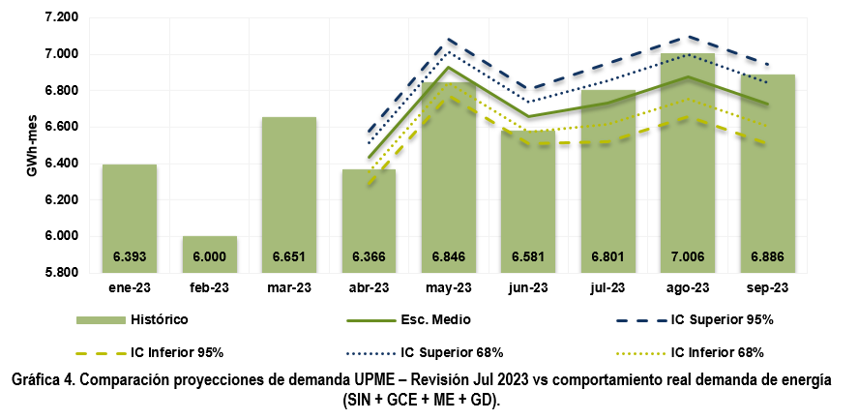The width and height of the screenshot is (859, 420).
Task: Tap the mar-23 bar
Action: pyautogui.click(x=289, y=194)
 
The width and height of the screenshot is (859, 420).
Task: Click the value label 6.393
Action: pyautogui.click(x=130, y=257)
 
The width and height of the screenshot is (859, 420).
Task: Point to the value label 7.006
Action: pyautogui.click(x=689, y=257)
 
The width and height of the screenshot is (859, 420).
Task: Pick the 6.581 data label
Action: pyautogui.click(x=529, y=257)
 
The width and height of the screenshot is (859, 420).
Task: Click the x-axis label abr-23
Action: pyautogui.click(x=369, y=288)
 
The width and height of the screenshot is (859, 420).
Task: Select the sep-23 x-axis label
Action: pyautogui.click(x=768, y=288)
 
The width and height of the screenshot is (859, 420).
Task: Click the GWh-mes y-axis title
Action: pyautogui.click(x=31, y=145)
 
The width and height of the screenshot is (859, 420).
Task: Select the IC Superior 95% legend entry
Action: pyautogui.click(x=722, y=320)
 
